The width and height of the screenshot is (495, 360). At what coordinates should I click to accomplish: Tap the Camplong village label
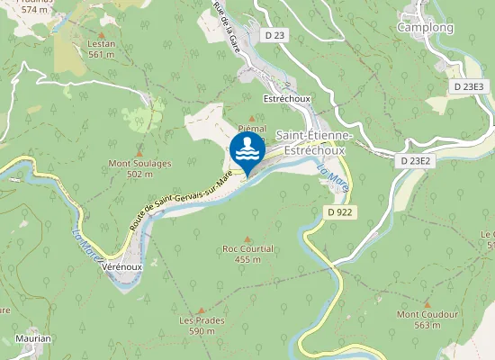click(425, 27)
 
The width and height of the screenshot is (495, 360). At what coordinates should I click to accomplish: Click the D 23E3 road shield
click(469, 86)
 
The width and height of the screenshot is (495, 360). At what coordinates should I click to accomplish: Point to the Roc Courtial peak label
click(247, 253)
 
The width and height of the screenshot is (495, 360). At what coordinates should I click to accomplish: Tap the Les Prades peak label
click(202, 325)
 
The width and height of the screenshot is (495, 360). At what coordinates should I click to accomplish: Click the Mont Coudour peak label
click(427, 319)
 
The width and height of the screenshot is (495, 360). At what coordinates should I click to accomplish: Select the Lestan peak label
click(101, 49)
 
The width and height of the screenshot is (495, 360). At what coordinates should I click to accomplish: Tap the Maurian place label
click(32, 338)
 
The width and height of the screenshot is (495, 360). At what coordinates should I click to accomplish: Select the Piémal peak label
click(252, 130)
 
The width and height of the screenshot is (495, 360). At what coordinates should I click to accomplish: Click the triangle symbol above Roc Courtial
click(247, 238)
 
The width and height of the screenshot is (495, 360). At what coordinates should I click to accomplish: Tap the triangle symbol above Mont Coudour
click(427, 304)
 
